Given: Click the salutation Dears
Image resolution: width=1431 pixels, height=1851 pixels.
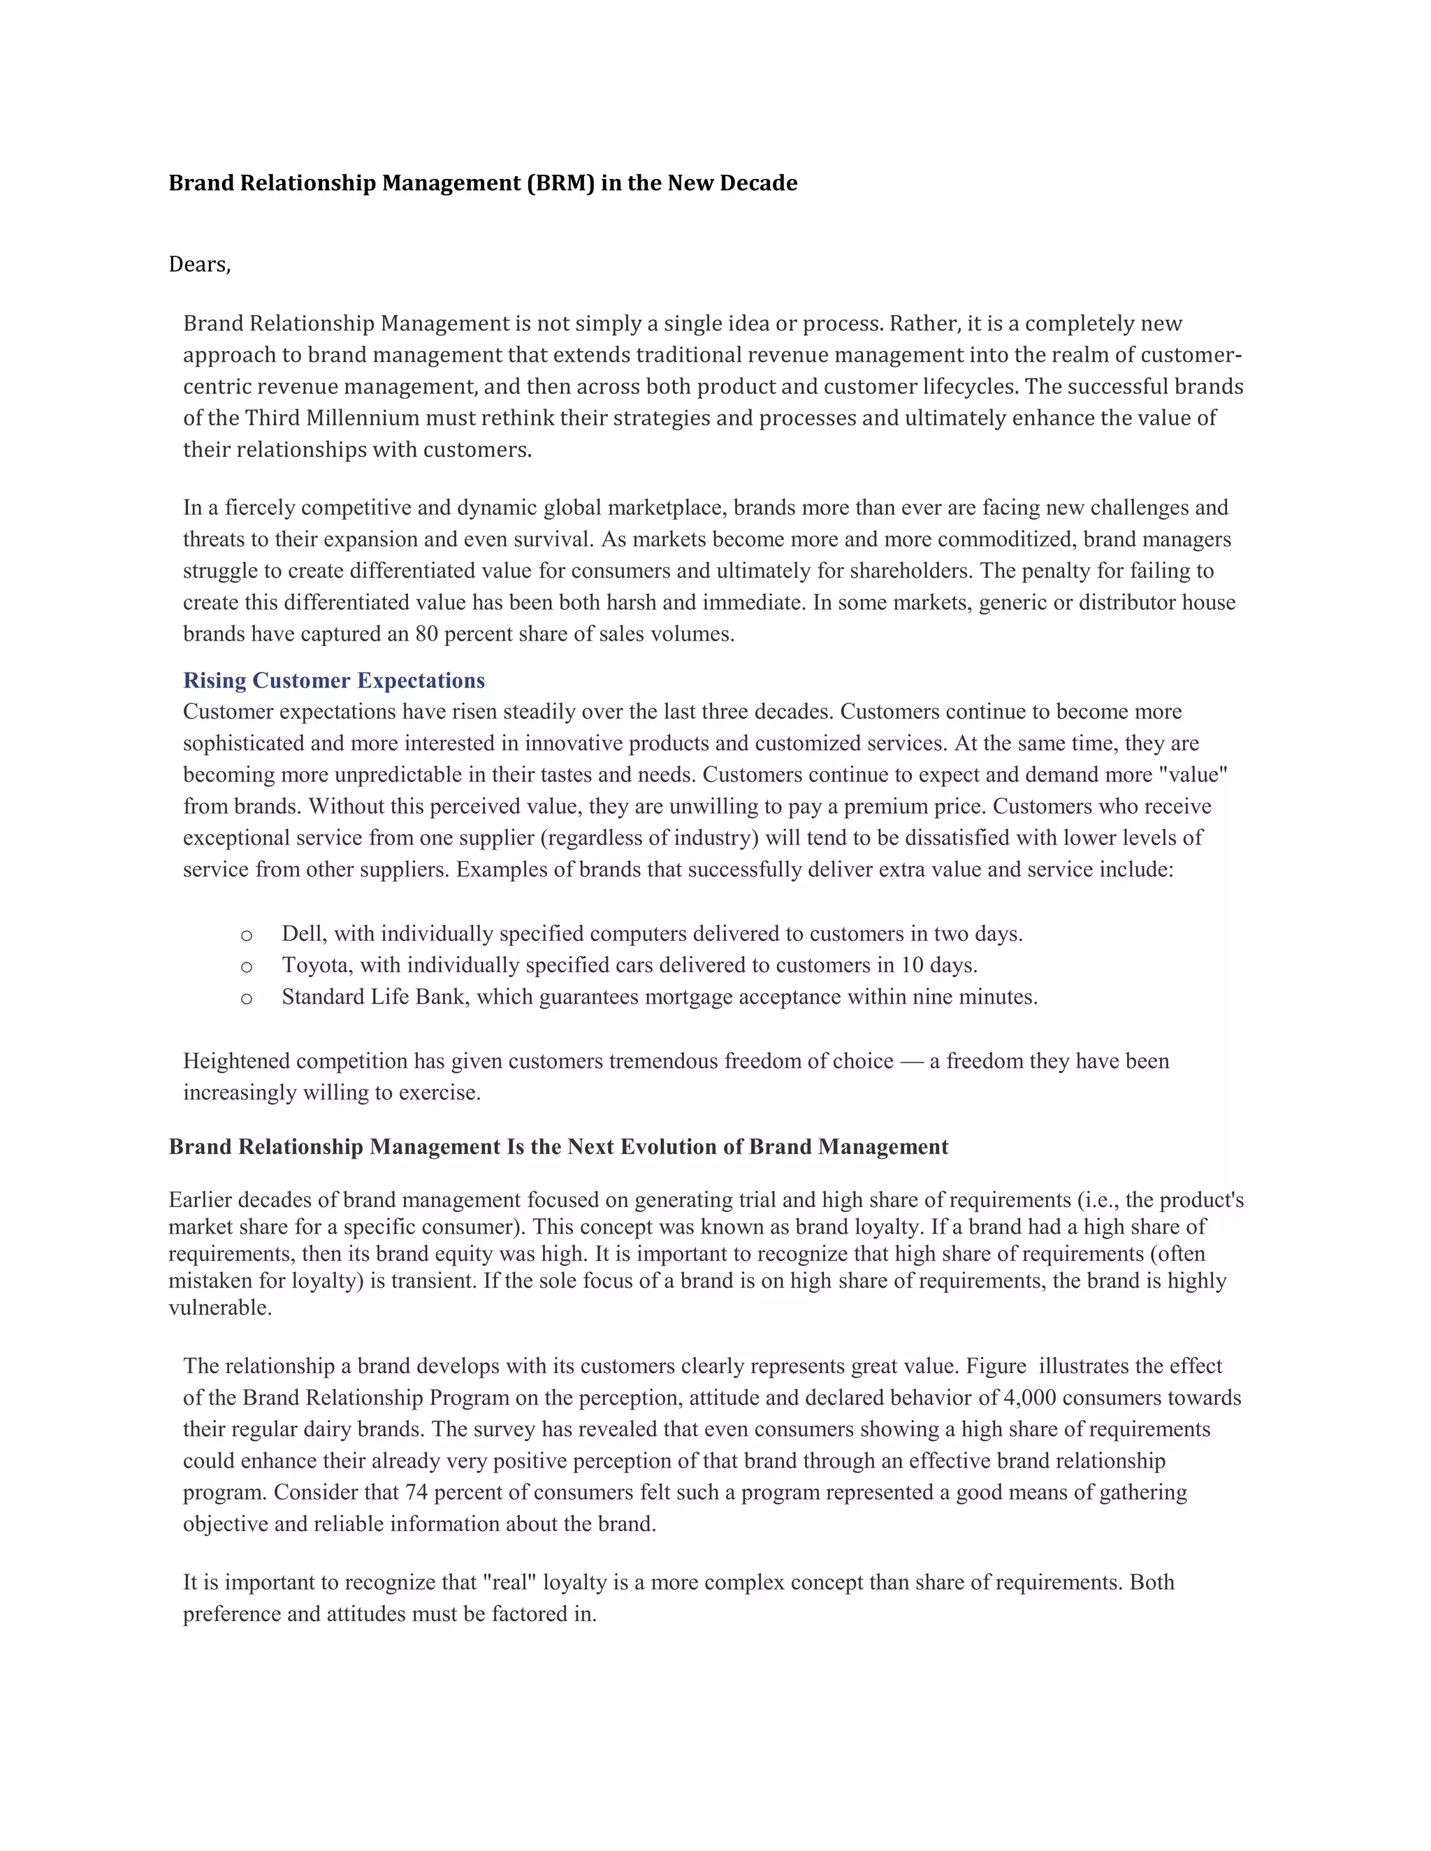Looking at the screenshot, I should coord(199,265).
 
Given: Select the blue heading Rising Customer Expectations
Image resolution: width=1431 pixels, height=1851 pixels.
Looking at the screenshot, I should coord(334,680).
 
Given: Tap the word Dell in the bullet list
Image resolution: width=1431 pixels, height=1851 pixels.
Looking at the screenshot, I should coord(303,934).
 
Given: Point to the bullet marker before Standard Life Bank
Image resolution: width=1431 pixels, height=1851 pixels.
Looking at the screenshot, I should coord(247,998).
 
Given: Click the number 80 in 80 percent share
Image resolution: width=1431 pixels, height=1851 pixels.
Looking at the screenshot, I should coord(426,634).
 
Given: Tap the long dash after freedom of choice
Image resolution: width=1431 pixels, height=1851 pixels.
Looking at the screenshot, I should coord(911,1061).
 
